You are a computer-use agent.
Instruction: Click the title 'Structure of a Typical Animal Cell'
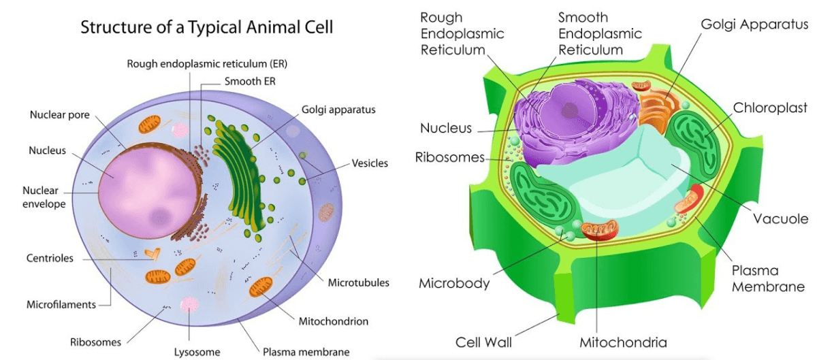tap(207, 29)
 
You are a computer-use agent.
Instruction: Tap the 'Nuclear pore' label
tap(59, 115)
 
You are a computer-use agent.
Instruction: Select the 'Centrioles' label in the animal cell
tap(50, 259)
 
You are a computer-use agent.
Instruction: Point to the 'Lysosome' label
tap(197, 352)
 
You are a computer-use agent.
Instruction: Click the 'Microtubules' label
tap(358, 282)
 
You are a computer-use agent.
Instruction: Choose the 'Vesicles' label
tap(370, 163)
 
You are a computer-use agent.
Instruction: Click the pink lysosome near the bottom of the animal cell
tap(189, 305)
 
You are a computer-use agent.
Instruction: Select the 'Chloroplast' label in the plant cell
tap(770, 108)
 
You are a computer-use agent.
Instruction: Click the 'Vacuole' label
tap(780, 218)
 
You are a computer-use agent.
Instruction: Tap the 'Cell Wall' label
tap(483, 342)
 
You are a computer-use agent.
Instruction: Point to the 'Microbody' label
tap(453, 282)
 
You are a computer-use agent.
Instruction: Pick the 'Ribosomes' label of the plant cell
tap(449, 157)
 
